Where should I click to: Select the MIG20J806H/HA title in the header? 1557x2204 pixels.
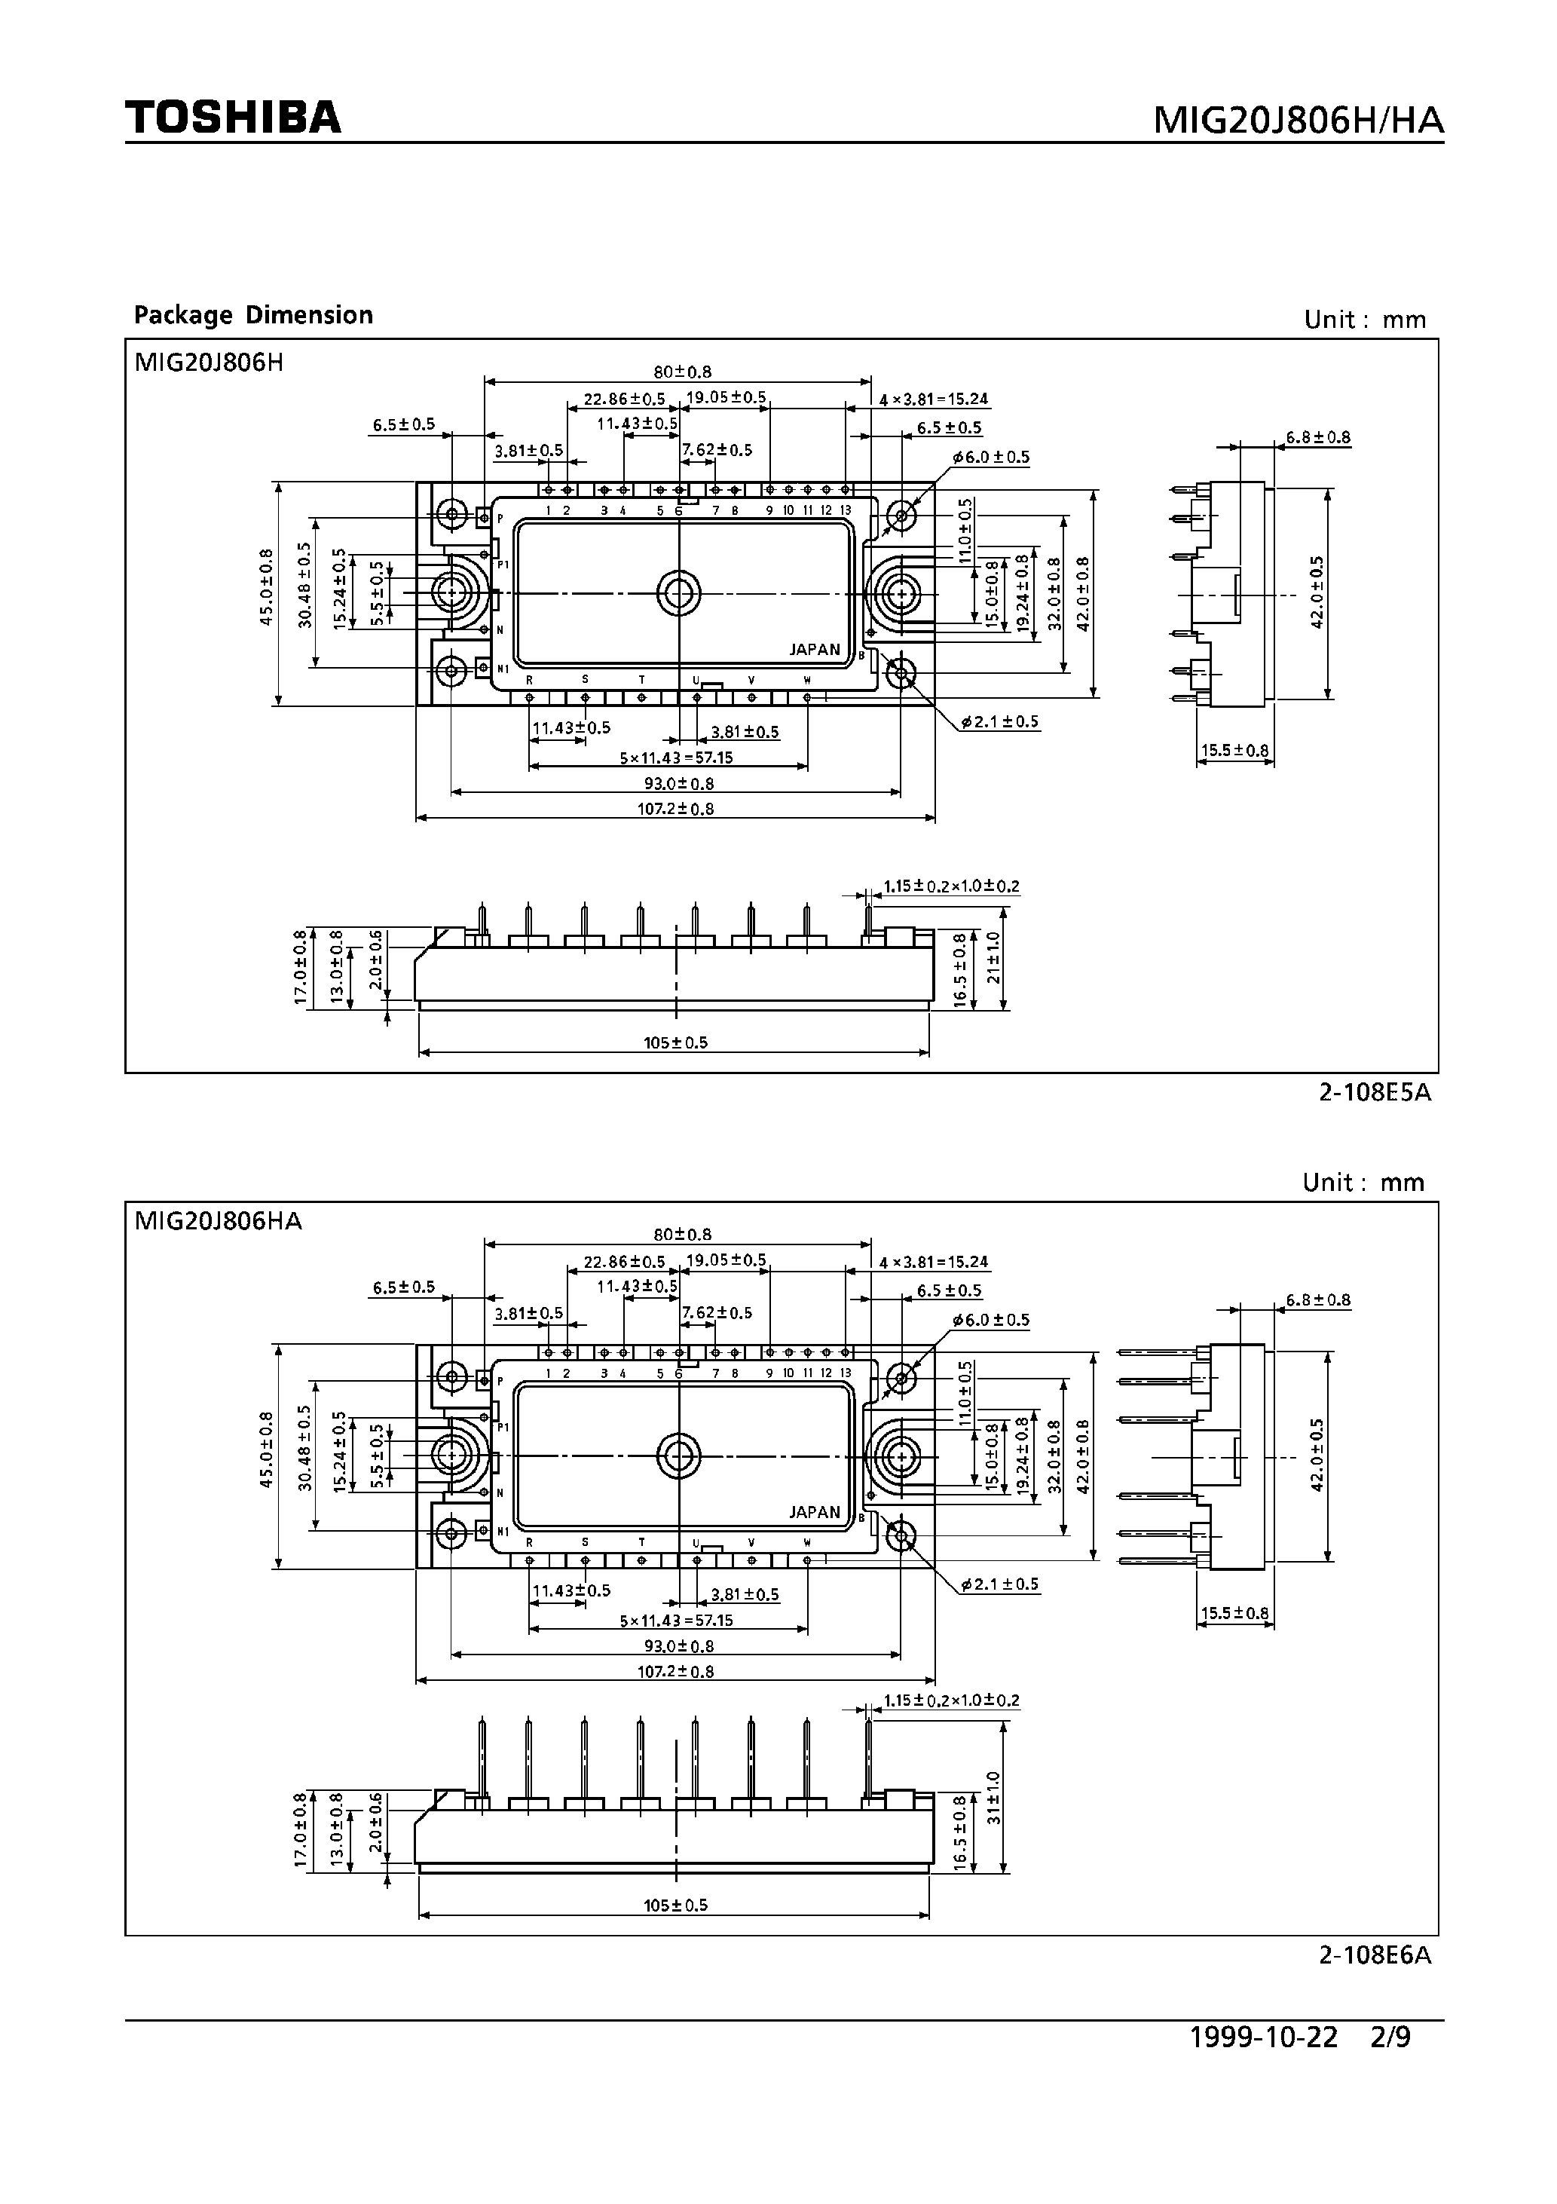(1297, 120)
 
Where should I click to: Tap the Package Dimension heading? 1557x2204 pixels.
(253, 315)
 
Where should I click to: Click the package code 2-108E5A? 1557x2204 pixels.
(1375, 1092)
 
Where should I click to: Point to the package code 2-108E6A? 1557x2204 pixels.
(1375, 1955)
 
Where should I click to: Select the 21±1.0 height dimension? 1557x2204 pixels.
(993, 957)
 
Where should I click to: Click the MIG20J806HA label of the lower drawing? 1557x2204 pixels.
(218, 1221)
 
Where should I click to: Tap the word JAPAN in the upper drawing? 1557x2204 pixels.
(814, 650)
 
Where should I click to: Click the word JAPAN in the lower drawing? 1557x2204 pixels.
(814, 1513)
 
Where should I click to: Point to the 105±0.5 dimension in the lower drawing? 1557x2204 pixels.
(676, 1906)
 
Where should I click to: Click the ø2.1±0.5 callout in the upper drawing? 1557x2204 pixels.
(999, 722)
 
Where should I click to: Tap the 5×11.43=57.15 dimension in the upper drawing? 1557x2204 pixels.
(676, 758)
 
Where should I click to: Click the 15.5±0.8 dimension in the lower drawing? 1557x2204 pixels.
(1235, 1614)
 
